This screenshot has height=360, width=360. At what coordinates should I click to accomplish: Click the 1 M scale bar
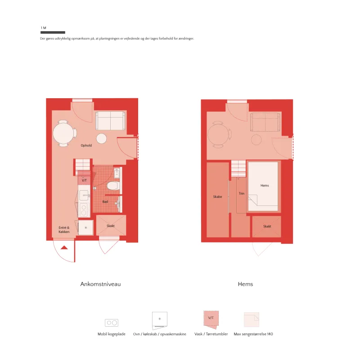coord(53,32)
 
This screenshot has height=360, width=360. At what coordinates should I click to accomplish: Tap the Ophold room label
coord(86,145)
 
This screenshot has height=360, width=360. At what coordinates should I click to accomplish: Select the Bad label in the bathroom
coord(105,201)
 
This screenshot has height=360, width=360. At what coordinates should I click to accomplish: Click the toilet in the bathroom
coord(113,186)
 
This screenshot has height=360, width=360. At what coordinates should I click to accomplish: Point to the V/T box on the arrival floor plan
coord(84,180)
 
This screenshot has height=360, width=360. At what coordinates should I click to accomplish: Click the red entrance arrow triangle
coord(64,247)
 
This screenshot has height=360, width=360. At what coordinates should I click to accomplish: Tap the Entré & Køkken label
coord(64,230)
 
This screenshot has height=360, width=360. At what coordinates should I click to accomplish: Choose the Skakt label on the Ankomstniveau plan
coord(110,226)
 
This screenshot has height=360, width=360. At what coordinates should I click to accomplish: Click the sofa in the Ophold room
coord(110,121)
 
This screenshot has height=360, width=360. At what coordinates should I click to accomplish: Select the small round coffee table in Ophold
coord(101,139)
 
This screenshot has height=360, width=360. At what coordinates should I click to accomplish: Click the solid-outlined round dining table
coord(63,133)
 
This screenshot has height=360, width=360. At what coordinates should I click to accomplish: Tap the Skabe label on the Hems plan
coord(217,196)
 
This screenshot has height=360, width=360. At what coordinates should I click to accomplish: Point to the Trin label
coord(242,193)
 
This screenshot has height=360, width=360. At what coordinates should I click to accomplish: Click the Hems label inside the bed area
coord(265,185)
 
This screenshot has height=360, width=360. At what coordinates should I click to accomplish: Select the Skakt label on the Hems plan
coord(267,226)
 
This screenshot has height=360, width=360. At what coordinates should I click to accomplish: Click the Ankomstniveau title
coord(100,284)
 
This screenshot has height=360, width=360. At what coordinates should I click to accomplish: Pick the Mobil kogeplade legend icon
coord(112,323)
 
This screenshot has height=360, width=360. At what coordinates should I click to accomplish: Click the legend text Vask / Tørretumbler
coord(211,334)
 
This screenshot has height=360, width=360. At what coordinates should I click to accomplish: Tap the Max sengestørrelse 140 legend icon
coord(252,319)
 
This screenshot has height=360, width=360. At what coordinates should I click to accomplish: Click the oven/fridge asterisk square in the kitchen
coord(85,228)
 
